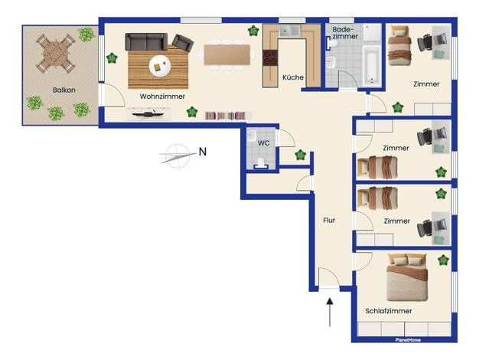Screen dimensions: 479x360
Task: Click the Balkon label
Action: [64, 90]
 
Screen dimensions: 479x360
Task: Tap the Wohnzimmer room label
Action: [162, 97]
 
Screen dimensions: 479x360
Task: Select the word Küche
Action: [293, 77]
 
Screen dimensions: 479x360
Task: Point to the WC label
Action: [264, 142]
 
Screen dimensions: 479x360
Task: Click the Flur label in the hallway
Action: [329, 221]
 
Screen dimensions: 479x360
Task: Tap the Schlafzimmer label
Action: [389, 311]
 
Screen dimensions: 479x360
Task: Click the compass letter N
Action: [203, 152]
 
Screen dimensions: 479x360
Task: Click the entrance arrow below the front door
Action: [330, 312]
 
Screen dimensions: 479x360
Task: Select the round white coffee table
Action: [160, 66]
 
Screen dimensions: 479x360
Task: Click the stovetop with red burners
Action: [270, 57]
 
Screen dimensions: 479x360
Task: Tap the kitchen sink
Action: [290, 31]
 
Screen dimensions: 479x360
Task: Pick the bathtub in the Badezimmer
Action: [373, 66]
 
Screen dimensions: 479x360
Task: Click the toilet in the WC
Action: [261, 162]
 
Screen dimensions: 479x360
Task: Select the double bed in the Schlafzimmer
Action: [407, 277]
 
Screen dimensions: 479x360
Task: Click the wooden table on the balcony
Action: [56, 54]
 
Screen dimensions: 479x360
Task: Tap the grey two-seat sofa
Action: [146, 41]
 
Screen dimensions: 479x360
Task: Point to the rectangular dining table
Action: [227, 54]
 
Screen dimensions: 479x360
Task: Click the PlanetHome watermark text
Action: [408, 340]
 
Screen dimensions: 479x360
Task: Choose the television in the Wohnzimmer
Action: [148, 114]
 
